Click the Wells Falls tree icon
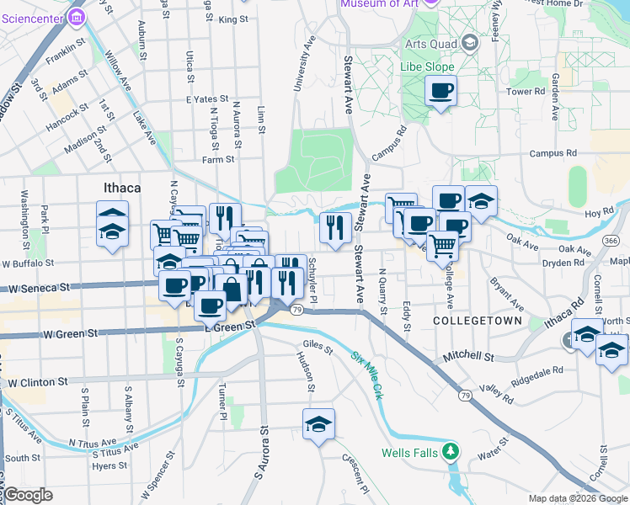tap(452, 453)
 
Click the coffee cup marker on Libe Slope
tap(440, 91)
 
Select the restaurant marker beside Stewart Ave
tap(335, 226)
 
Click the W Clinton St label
tap(37, 382)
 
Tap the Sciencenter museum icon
tap(77, 16)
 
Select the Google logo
tap(28, 495)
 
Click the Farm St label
tap(217, 159)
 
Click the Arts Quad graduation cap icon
tap(470, 43)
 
